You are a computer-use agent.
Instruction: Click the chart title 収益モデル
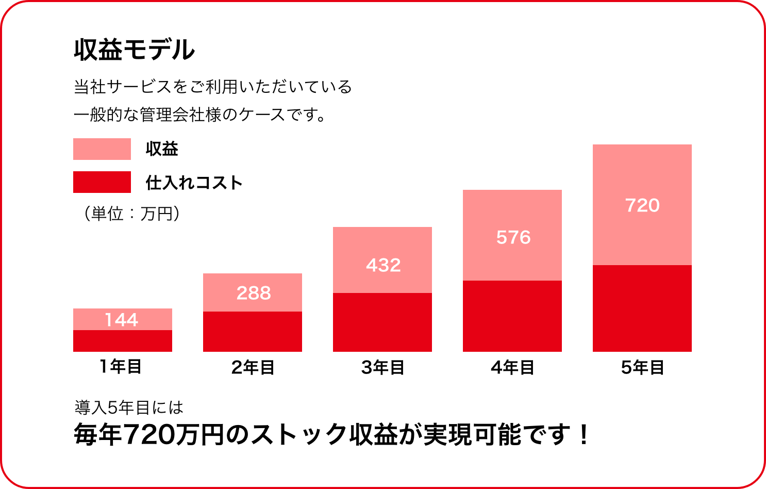pyautogui.click(x=134, y=50)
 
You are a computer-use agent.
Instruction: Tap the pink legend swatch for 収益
pyautogui.click(x=102, y=149)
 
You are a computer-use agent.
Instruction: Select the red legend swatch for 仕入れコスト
pyautogui.click(x=102, y=182)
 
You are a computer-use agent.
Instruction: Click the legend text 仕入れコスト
pyautogui.click(x=194, y=183)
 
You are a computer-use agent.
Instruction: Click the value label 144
pyautogui.click(x=122, y=320)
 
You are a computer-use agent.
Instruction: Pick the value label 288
pyautogui.click(x=254, y=293)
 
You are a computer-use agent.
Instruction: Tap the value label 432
pyautogui.click(x=383, y=265)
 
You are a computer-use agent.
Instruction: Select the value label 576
pyautogui.click(x=513, y=237)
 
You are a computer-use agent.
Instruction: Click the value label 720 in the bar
pyautogui.click(x=642, y=205)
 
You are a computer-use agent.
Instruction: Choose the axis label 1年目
pyautogui.click(x=121, y=367)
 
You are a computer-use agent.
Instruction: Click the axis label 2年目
pyautogui.click(x=253, y=367)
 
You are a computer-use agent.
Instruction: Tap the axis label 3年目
pyautogui.click(x=382, y=367)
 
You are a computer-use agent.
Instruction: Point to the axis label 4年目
pyautogui.click(x=512, y=367)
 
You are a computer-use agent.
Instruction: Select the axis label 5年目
pyautogui.click(x=642, y=367)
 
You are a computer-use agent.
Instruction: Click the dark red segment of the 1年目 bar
pyautogui.click(x=123, y=341)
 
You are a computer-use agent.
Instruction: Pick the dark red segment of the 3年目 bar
pyautogui.click(x=382, y=322)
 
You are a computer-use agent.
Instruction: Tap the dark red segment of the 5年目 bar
pyautogui.click(x=642, y=308)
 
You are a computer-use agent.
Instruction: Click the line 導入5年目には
pyautogui.click(x=129, y=407)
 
